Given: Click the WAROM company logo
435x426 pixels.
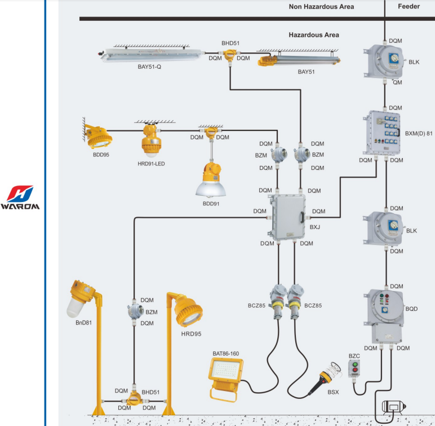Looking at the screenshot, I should (x=20, y=197).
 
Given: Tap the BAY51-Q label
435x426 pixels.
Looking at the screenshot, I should (x=149, y=67).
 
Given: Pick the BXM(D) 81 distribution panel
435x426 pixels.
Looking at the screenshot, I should (x=385, y=133).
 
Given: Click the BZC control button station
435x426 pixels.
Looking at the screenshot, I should (x=354, y=370).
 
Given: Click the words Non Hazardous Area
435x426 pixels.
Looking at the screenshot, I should (x=321, y=7).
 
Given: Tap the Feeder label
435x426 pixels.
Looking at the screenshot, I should (x=409, y=7).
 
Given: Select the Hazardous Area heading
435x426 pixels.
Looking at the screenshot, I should (x=314, y=35).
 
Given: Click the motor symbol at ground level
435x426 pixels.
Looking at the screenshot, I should (x=394, y=408).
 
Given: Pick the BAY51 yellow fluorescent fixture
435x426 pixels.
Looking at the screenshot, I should (x=299, y=58).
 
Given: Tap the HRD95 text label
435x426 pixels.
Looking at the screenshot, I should (x=191, y=334).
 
